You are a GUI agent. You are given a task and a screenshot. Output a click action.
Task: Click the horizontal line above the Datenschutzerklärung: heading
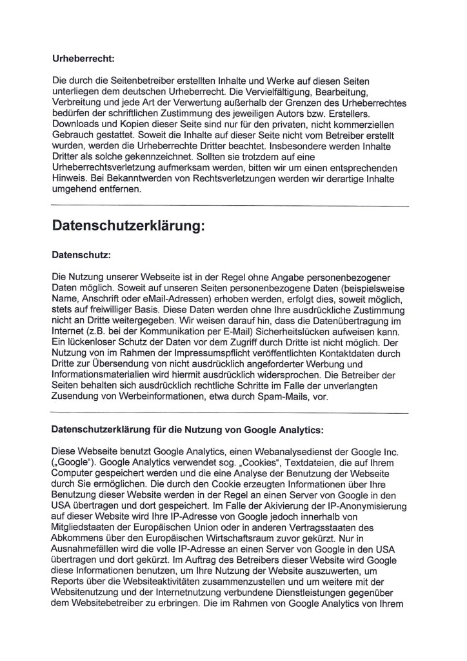tap(230, 205)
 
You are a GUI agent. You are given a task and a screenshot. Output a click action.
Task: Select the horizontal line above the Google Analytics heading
tap(230, 412)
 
